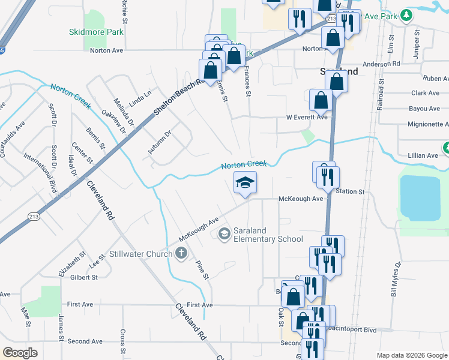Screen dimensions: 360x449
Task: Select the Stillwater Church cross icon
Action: [181, 253]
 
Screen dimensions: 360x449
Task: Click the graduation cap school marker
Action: [245, 182]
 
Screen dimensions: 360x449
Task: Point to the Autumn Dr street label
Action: [160, 141]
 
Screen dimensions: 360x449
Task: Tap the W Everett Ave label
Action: [306, 117]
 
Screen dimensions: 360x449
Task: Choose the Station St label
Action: [351, 191]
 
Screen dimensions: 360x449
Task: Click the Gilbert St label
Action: [83, 277]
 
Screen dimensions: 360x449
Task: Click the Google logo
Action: [20, 353]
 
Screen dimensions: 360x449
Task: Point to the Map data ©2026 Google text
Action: [411, 355]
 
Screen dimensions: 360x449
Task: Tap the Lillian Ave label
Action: [424, 155]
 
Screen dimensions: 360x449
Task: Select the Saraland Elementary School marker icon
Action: [224, 233]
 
